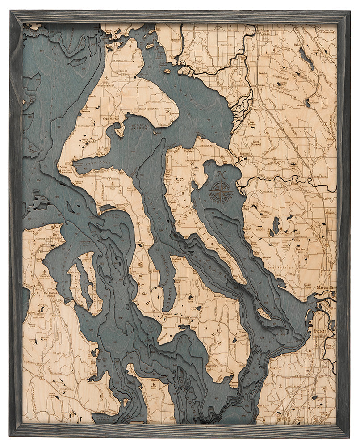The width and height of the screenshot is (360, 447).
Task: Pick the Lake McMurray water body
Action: (310, 104)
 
